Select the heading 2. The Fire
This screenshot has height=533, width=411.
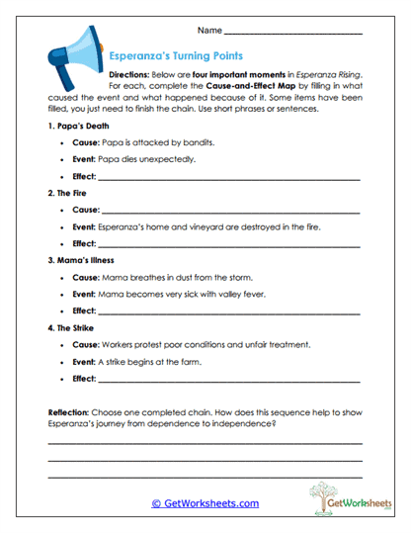coord(72,194)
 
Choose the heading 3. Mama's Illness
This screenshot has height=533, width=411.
coord(85,261)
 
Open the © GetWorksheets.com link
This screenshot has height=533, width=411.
coord(205,502)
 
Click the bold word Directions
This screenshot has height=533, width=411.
coord(129,74)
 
